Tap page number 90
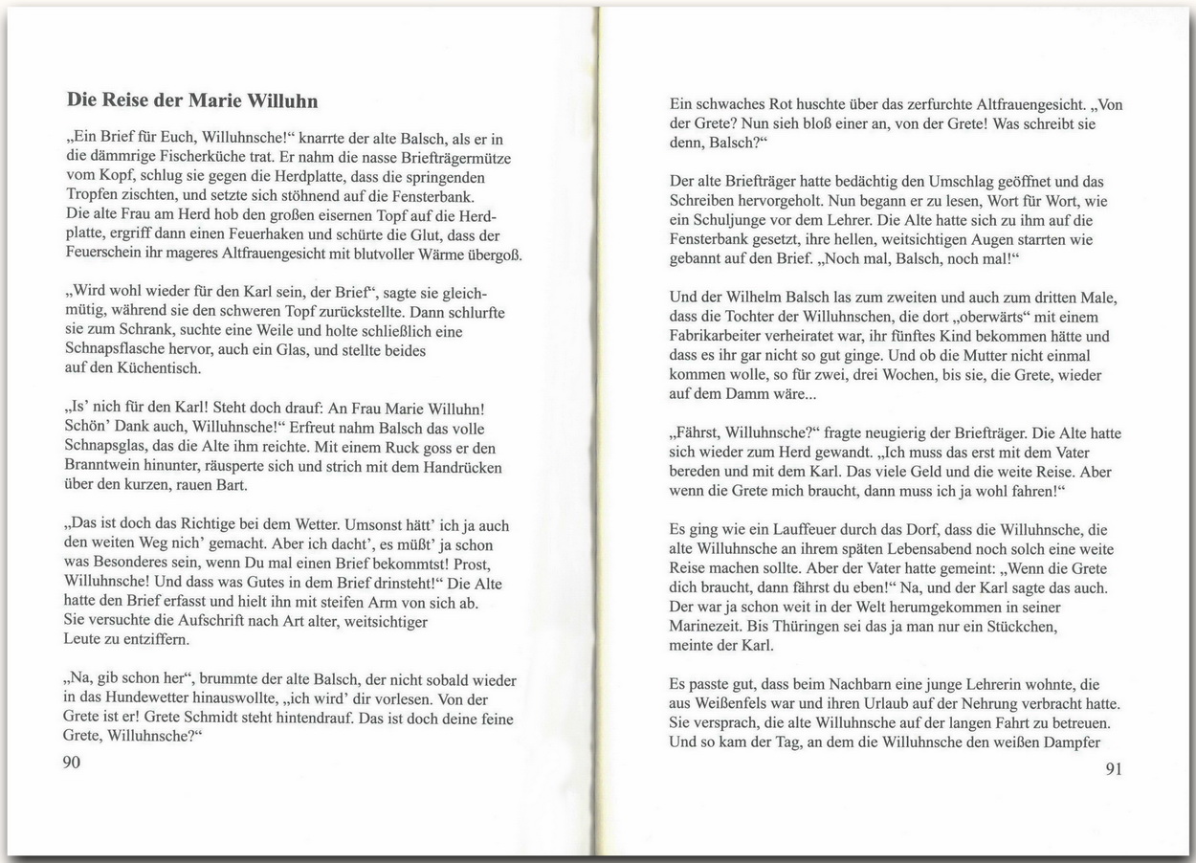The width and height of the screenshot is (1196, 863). [x=73, y=762]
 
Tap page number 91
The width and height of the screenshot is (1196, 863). [x=1113, y=768]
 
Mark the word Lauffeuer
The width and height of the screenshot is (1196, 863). [x=763, y=527]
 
